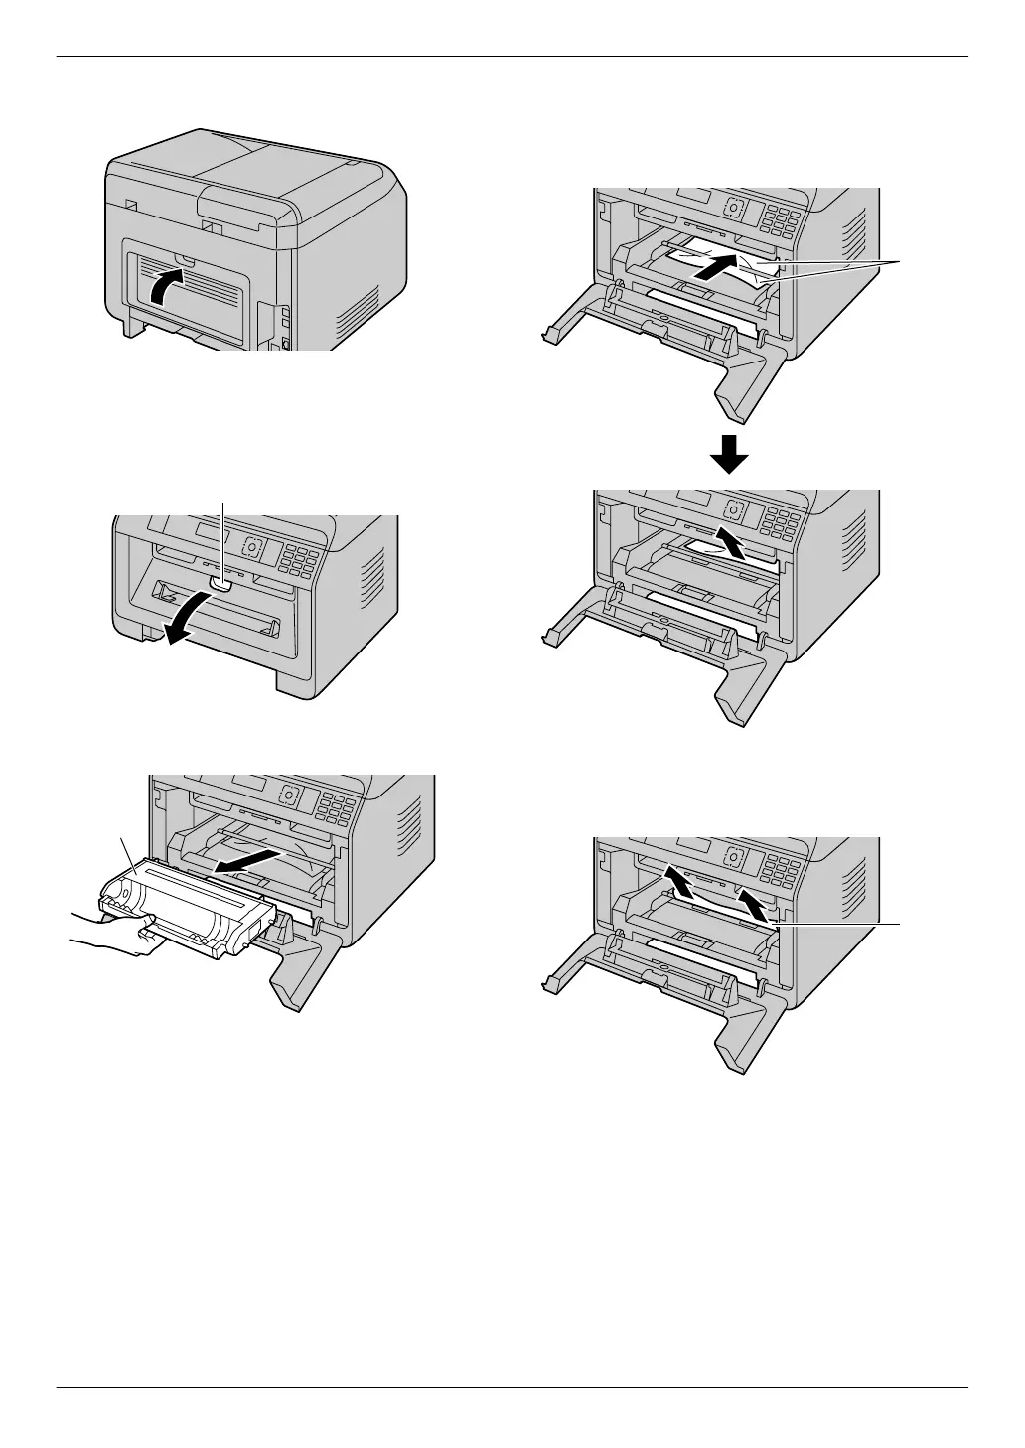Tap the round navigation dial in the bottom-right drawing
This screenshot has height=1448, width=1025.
pyautogui.click(x=734, y=855)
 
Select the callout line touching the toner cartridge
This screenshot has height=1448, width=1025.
pyautogui.click(x=125, y=849)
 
